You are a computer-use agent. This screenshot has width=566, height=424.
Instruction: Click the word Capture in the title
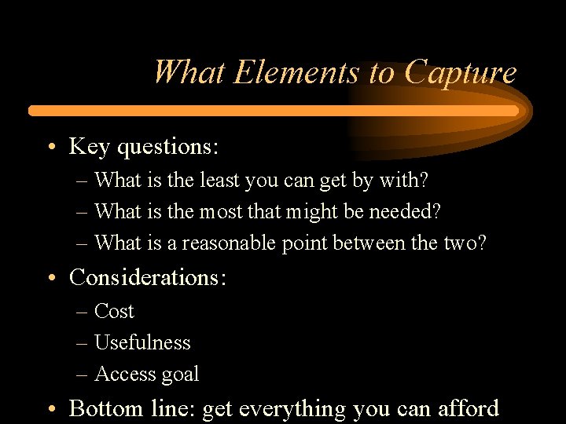click(x=461, y=73)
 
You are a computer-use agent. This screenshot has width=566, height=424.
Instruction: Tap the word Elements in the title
click(x=298, y=73)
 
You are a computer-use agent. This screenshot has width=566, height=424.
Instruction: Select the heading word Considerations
click(x=148, y=277)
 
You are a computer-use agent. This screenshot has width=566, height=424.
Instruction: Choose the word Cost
click(x=114, y=312)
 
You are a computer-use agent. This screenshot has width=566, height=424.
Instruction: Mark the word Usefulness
click(x=142, y=342)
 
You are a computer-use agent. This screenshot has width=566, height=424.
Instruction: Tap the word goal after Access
click(x=180, y=375)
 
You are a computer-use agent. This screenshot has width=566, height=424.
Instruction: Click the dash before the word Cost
click(x=82, y=313)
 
